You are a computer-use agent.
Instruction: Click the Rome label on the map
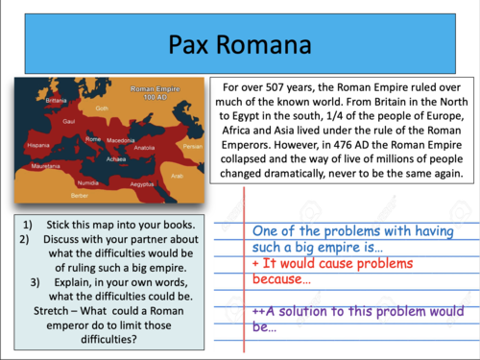point(93,140)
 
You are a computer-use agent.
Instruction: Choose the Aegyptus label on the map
point(142,182)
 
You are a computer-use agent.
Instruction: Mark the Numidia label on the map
point(88,180)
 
